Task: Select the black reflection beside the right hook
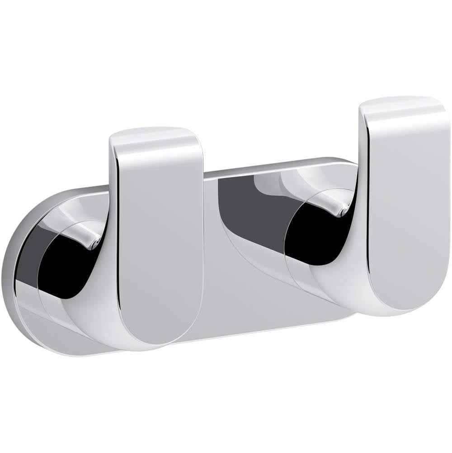[316, 235]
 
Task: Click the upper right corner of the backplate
[348, 163]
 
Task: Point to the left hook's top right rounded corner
[194, 136]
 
